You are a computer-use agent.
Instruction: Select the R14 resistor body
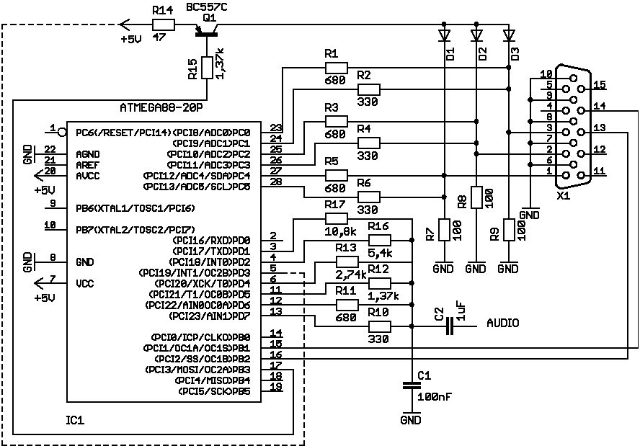click(x=164, y=25)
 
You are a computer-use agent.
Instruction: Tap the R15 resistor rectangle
click(x=207, y=68)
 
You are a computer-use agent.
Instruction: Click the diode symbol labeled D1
click(x=444, y=35)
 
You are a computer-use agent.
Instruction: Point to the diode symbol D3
click(x=509, y=35)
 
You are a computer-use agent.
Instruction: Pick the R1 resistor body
click(x=337, y=68)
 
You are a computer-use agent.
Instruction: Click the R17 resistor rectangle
click(x=337, y=219)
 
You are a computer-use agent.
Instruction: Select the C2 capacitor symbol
click(x=450, y=326)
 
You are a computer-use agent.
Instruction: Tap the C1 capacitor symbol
click(x=412, y=385)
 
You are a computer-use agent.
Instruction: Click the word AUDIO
click(x=503, y=324)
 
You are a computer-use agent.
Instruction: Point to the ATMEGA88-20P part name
click(x=161, y=108)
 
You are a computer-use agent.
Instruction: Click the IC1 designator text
click(x=75, y=420)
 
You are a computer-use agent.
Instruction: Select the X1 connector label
click(x=563, y=195)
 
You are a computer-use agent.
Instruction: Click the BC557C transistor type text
click(x=207, y=7)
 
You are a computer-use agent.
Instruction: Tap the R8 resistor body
click(x=476, y=197)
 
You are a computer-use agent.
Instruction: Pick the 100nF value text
click(x=435, y=396)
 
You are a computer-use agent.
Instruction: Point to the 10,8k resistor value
click(x=341, y=232)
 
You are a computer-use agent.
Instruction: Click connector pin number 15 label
click(x=600, y=84)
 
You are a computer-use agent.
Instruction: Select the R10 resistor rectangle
click(x=380, y=326)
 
